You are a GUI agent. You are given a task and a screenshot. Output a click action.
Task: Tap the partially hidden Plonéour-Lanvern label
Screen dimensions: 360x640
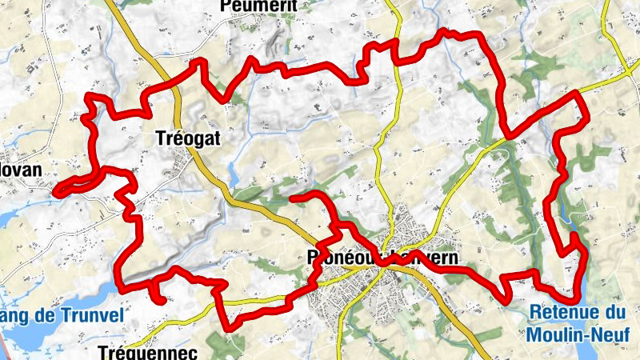tap(382, 258)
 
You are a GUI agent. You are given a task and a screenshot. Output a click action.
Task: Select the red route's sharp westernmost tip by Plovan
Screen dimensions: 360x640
tap(55, 190)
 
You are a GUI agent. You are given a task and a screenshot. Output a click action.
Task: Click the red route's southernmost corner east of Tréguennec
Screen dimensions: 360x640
tap(233, 327)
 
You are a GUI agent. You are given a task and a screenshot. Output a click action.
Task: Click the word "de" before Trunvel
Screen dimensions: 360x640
tap(50, 315)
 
